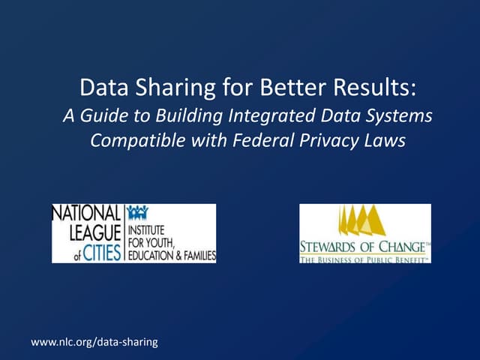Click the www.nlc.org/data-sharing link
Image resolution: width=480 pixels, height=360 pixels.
tap(94, 342)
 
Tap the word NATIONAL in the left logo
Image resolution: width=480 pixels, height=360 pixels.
tap(86, 212)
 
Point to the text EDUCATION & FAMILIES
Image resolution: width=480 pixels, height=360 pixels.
tap(171, 256)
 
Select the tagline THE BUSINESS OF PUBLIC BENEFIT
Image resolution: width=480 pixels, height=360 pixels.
tap(364, 259)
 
